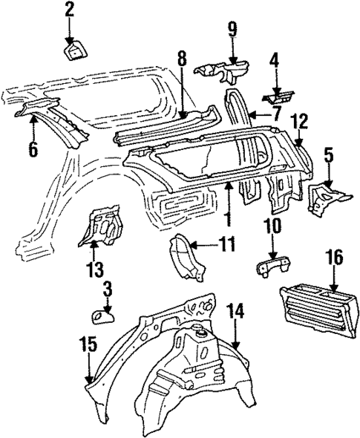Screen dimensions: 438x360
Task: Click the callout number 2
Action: [x=69, y=10]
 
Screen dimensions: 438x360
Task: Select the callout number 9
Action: [x=232, y=29]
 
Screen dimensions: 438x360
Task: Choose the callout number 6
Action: [x=33, y=149]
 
